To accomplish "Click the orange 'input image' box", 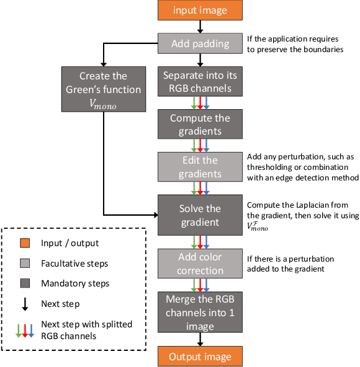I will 199,11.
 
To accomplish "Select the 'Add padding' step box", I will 199,45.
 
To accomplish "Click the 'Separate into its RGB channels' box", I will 199,81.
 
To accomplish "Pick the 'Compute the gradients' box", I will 199,124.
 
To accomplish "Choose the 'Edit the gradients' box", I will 199,167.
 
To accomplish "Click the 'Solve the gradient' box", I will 199,214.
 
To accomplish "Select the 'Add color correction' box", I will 199,263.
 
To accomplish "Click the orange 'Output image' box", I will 199,356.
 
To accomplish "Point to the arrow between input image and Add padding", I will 199,27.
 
